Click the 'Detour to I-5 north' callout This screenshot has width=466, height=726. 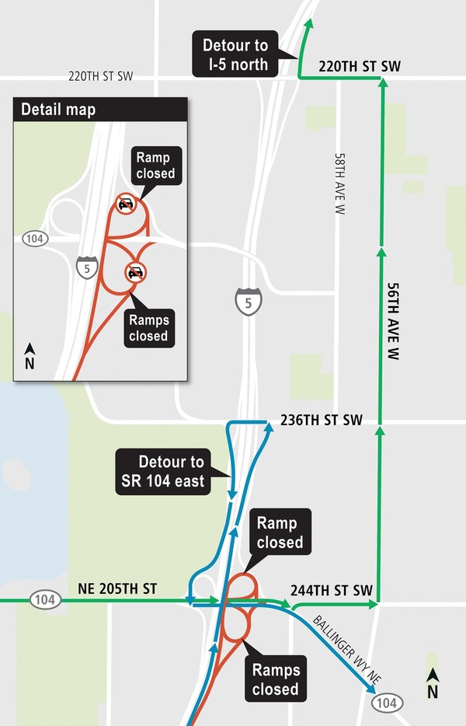pos(235,54)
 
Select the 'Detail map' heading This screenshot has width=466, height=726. pos(59,110)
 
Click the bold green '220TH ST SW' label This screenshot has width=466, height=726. pos(359,67)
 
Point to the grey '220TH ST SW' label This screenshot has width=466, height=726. pos(101,76)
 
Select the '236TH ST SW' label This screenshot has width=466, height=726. pos(318,421)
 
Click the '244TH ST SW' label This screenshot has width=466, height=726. pos(332,589)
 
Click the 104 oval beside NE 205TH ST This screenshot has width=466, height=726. pos(43,600)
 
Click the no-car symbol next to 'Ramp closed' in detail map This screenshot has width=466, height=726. pos(125,205)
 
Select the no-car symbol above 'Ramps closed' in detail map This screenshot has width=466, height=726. pos(136,272)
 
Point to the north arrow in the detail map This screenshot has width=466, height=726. pos(30,356)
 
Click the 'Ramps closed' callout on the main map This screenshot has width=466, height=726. pos(275,678)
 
